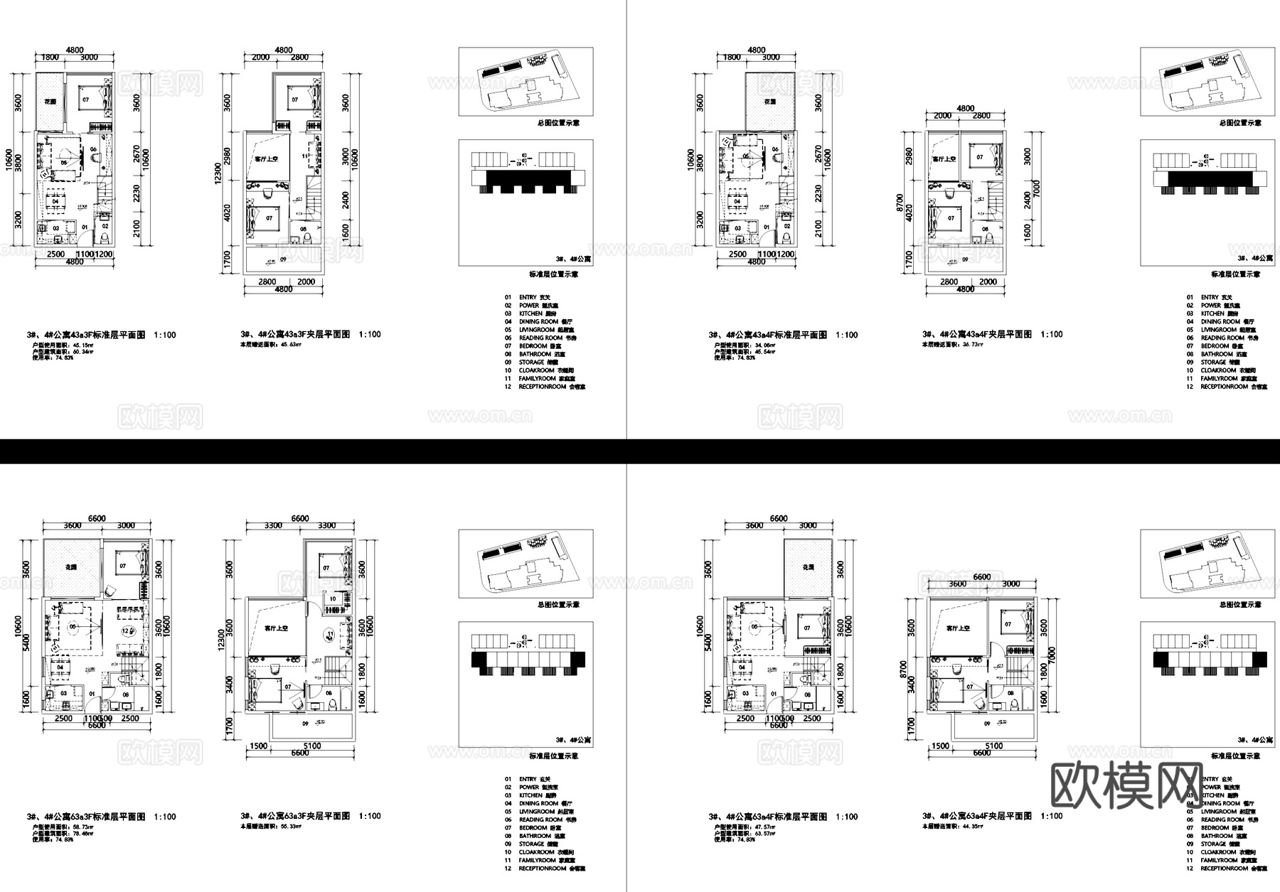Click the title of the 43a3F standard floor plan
85,335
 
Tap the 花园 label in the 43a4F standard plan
770,102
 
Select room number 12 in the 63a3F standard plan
126,630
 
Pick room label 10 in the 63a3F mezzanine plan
332,599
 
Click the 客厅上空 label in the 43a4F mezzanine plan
944,158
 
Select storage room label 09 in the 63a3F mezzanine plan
305,724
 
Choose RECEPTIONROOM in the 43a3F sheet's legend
543,387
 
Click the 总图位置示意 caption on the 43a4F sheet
1240,123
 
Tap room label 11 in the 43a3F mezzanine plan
305,156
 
